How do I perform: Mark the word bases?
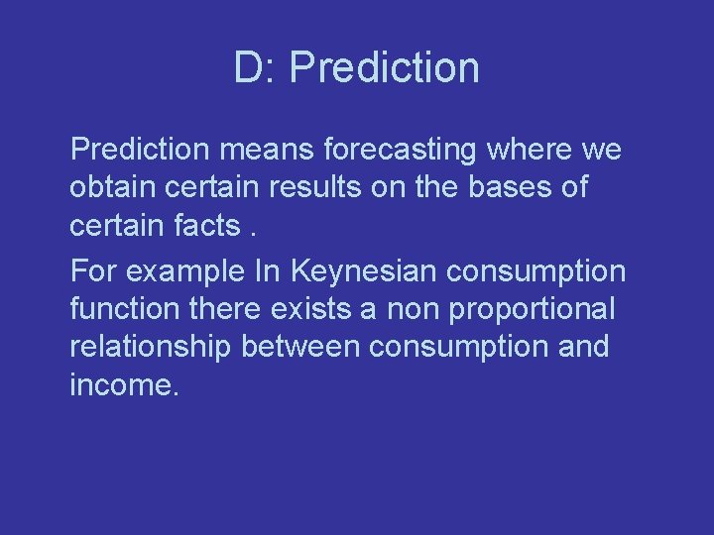502,186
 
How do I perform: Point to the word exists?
309,308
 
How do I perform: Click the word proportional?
532,309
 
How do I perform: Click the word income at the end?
124,383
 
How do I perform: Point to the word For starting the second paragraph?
92,270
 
